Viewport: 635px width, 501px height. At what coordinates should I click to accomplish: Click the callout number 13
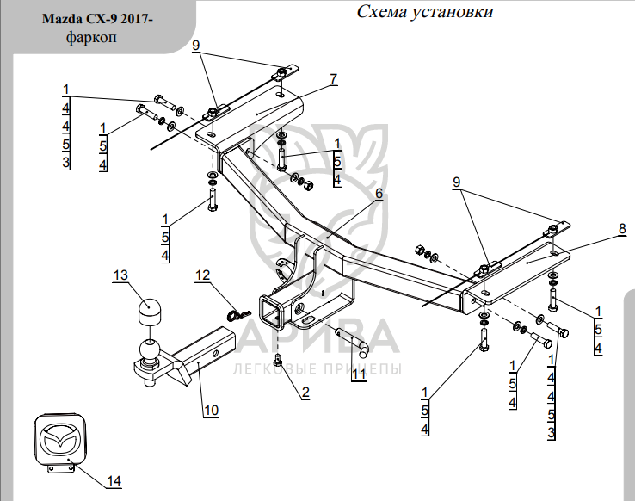coord(120,275)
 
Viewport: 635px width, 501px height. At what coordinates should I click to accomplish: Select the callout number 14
coord(114,480)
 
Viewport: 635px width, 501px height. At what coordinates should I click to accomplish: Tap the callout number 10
coord(211,411)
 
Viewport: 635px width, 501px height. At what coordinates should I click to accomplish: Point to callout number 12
coord(202,275)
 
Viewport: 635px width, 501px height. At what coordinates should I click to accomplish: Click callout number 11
coord(359,374)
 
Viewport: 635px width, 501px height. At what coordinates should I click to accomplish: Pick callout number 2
coord(305,392)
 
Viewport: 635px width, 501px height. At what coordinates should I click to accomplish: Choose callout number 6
coord(379,193)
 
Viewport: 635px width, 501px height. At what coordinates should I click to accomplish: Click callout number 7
coord(334,79)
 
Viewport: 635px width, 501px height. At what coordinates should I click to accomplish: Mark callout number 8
coord(622,228)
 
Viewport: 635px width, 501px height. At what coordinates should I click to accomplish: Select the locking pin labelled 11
coord(352,342)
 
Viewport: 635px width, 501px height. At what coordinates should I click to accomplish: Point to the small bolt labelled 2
coord(278,359)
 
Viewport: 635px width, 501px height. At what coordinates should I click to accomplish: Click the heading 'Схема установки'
coord(425,11)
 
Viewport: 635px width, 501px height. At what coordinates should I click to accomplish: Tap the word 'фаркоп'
coord(91,37)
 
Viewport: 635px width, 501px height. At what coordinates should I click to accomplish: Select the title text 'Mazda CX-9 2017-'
coord(97,19)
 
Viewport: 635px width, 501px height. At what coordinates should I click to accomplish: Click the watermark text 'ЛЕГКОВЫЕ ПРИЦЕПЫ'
coord(317,369)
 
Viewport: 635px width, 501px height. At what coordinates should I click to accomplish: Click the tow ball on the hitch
coord(150,350)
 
